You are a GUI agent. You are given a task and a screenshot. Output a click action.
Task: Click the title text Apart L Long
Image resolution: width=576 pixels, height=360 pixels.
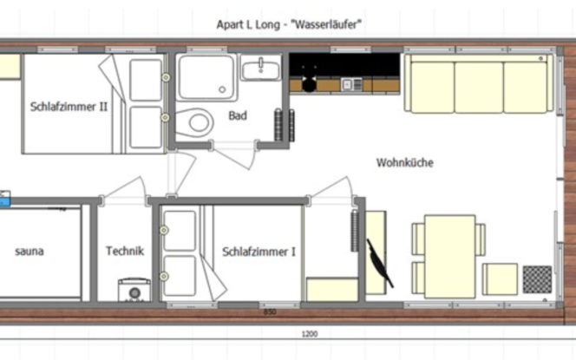pyautogui.click(x=248, y=24)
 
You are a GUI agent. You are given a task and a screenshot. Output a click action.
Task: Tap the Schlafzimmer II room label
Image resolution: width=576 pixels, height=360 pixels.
pyautogui.click(x=69, y=107)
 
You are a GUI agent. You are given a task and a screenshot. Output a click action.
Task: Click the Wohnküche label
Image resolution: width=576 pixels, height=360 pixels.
pyautogui.click(x=404, y=162)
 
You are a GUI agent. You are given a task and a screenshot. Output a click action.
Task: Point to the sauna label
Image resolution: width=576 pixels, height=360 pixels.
pyautogui.click(x=29, y=252)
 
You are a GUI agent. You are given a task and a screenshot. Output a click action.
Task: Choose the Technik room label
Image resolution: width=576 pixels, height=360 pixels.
pyautogui.click(x=125, y=252)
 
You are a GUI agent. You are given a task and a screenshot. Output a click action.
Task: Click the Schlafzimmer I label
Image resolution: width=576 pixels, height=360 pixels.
pyautogui.click(x=259, y=252)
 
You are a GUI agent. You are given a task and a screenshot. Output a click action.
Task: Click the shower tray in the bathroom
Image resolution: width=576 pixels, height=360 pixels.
pyautogui.click(x=206, y=76)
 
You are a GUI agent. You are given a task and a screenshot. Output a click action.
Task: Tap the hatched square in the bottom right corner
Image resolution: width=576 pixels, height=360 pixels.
pyautogui.click(x=537, y=279)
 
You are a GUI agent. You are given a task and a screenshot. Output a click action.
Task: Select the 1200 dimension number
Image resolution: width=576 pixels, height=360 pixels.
pyautogui.click(x=310, y=333)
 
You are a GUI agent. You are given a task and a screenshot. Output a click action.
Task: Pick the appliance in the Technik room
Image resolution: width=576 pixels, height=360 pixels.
pyautogui.click(x=134, y=290)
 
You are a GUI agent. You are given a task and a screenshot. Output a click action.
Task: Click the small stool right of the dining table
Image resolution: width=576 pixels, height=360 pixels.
pyautogui.click(x=500, y=278)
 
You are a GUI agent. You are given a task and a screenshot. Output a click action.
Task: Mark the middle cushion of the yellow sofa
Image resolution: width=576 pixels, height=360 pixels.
pyautogui.click(x=478, y=85)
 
